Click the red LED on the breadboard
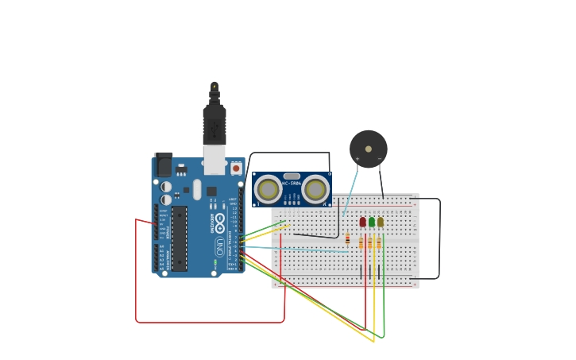coord(363,222)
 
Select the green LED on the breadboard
coord(372,222)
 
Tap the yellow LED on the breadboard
coord(381,222)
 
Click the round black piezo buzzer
coord(369,149)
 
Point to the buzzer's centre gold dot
coord(369,149)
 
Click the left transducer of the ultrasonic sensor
coord(269,189)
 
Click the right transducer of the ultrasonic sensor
coord(315,189)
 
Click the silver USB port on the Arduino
coord(215,160)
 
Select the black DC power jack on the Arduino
coord(163,165)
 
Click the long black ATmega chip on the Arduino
coord(180,238)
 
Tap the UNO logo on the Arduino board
coord(220,246)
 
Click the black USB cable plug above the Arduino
coord(215,123)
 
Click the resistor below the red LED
coord(361,242)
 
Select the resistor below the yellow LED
coord(379,242)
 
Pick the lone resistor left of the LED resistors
coord(348,238)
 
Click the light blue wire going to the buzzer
coord(350,187)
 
